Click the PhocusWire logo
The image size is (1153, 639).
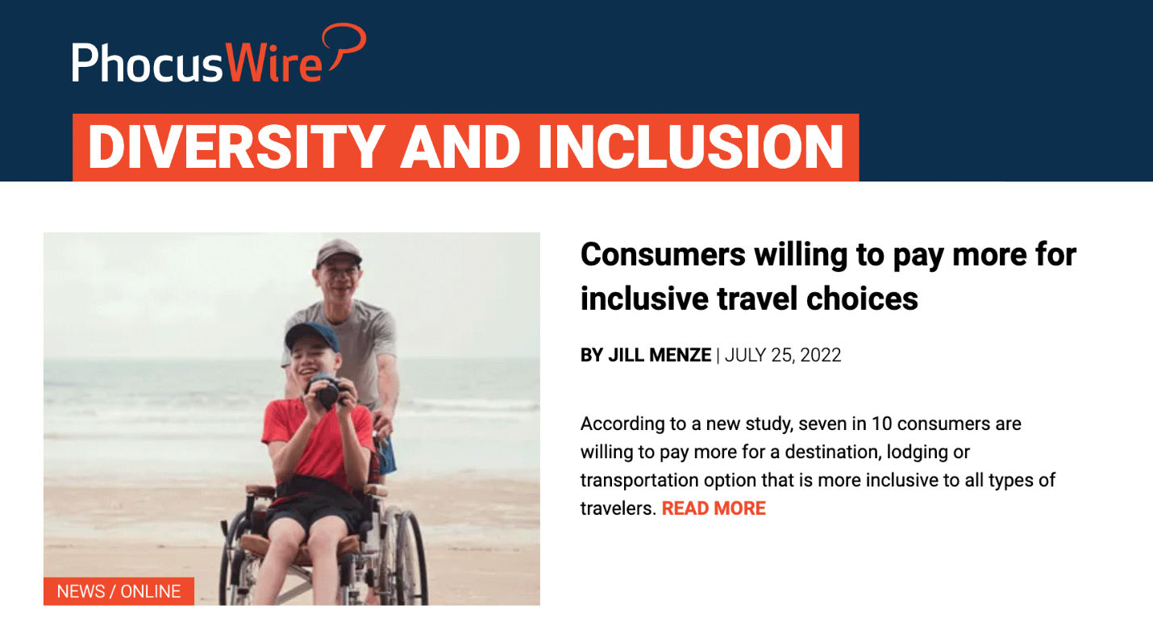click(x=219, y=53)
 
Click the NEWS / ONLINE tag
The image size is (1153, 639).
click(x=119, y=591)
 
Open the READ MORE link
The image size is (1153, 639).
click(x=714, y=508)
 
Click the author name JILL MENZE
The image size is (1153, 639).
click(x=660, y=355)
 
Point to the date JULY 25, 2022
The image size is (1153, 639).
click(x=783, y=355)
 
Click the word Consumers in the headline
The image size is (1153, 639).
click(x=663, y=254)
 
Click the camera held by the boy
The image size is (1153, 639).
click(x=326, y=390)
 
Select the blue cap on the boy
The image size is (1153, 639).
click(x=312, y=336)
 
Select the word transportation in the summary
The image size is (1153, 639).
click(x=639, y=480)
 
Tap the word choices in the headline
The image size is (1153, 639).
click(x=862, y=299)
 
